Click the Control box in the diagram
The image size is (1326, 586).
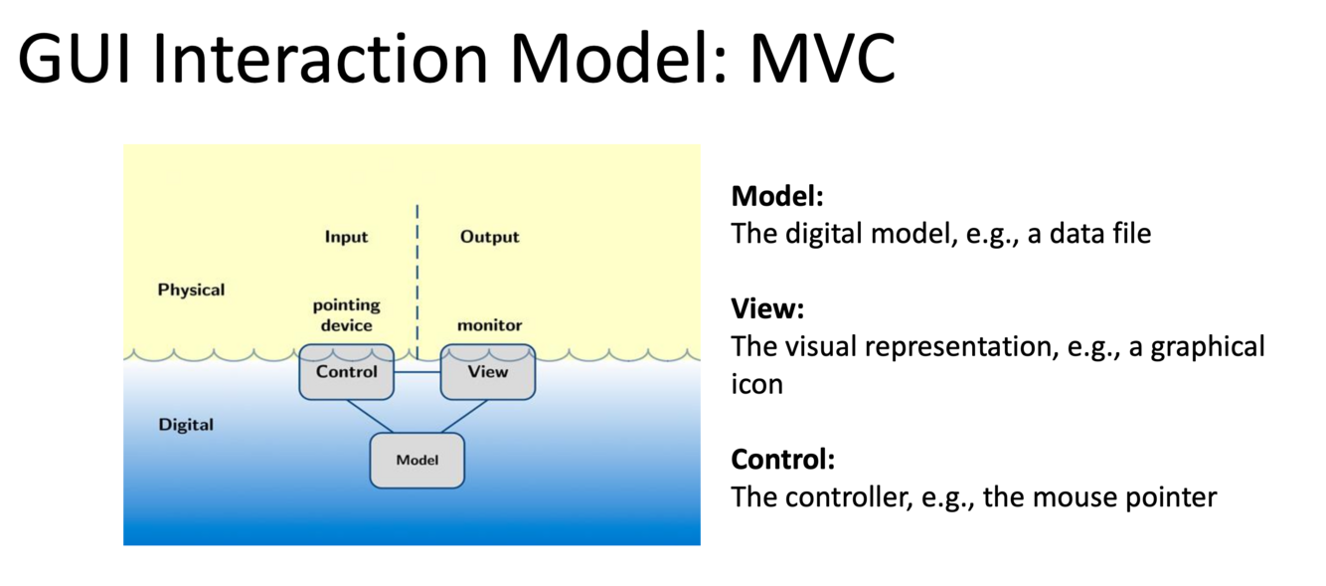pyautogui.click(x=346, y=372)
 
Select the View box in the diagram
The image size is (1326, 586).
pyautogui.click(x=487, y=372)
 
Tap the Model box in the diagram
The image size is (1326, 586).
pyautogui.click(x=416, y=460)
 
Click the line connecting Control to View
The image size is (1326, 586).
pyautogui.click(x=416, y=372)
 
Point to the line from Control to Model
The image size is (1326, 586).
pyautogui.click(x=370, y=416)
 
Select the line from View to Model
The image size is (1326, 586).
pyautogui.click(x=463, y=416)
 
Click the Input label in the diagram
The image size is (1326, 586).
pyautogui.click(x=346, y=237)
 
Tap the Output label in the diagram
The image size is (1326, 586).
pyautogui.click(x=489, y=237)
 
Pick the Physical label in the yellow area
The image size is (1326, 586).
pyautogui.click(x=191, y=290)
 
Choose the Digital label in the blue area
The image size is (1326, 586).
pyautogui.click(x=186, y=425)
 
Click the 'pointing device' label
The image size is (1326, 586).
pyautogui.click(x=346, y=315)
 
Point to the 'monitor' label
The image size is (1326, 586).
pyautogui.click(x=489, y=325)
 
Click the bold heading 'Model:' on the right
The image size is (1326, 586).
pyautogui.click(x=777, y=196)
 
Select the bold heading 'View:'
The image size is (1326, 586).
pyautogui.click(x=767, y=308)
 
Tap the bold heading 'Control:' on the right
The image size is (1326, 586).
pyautogui.click(x=782, y=460)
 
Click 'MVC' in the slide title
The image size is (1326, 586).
pyautogui.click(x=822, y=60)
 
